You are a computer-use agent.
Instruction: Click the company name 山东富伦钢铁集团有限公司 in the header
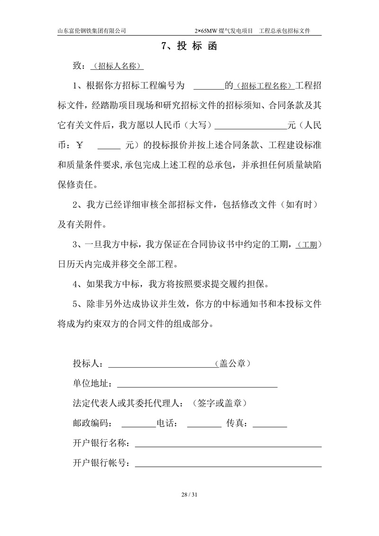coord(91,30)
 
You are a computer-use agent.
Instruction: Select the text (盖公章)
coord(233,363)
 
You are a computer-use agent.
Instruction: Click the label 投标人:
coord(90,363)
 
